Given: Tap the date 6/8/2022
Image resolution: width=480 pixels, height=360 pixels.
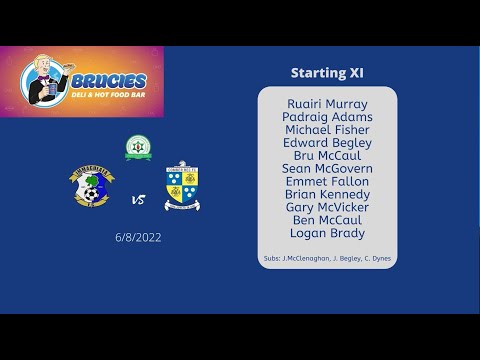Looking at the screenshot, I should (138, 238).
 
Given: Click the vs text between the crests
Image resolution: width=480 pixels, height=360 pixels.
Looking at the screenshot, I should (138, 200).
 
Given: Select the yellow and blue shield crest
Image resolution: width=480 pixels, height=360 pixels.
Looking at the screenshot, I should (181, 187).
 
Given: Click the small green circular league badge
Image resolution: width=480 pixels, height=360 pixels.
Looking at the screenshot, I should (138, 148).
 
